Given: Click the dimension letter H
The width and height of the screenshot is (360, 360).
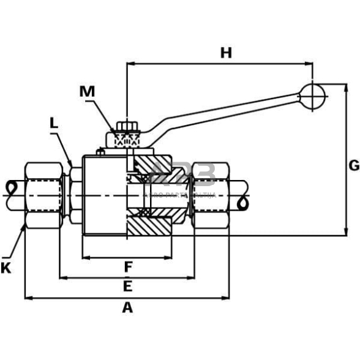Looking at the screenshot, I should coord(226,53).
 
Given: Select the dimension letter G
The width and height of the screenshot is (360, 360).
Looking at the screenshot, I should coord(353,165).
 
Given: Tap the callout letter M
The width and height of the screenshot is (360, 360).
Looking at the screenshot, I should coord(88,92).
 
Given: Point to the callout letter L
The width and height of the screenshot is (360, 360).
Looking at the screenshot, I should coord(54,123).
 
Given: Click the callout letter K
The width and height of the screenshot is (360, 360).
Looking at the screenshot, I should coord(6,268).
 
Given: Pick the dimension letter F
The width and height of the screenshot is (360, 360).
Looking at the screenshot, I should coord(128,267).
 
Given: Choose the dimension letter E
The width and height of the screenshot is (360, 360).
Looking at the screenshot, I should coord(127,287).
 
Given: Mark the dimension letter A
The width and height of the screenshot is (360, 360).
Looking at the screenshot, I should coord(127,307).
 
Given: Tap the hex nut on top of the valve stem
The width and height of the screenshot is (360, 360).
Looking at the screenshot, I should coord(126,128).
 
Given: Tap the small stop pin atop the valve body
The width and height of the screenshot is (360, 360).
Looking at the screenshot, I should coord(99,151).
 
